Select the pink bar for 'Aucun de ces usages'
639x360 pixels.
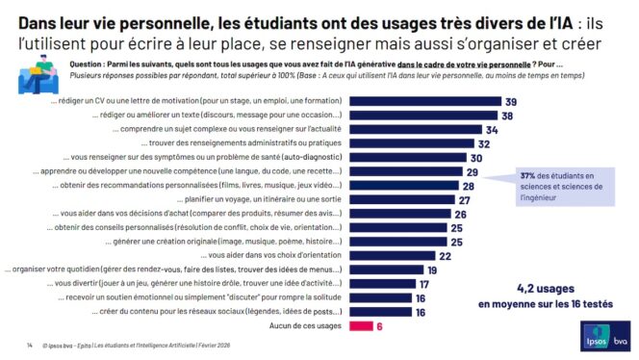(x=360, y=326)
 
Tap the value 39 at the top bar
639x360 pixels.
(x=511, y=101)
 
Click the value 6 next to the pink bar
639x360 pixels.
(x=380, y=326)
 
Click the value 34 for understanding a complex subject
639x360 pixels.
(x=491, y=129)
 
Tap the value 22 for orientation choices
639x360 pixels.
(x=445, y=256)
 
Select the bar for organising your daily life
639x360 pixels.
(x=386, y=270)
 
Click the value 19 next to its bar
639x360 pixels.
(x=432, y=270)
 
